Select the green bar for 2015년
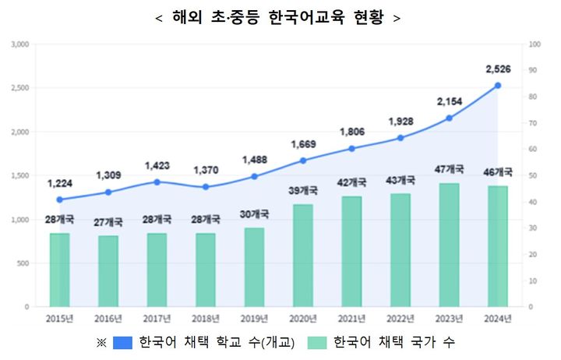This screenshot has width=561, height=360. [x=60, y=270]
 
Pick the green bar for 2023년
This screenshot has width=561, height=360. [x=450, y=245]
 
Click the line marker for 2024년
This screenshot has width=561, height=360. [x=498, y=86]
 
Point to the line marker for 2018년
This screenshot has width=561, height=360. [x=206, y=187]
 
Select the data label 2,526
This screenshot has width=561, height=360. [x=498, y=69]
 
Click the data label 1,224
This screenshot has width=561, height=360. [x=60, y=184]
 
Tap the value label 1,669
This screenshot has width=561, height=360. [x=303, y=144]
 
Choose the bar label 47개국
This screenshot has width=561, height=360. [x=450, y=169]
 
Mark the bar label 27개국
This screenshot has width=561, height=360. [x=108, y=221]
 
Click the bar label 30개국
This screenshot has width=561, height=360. [x=255, y=214]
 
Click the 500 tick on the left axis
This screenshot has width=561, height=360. [x=23, y=263]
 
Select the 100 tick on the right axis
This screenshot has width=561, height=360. [x=534, y=44]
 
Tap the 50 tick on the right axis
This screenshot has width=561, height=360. [x=532, y=176]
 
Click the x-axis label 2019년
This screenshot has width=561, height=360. [x=255, y=318]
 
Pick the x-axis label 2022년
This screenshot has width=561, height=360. [x=400, y=318]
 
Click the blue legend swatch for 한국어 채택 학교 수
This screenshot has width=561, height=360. [x=123, y=342]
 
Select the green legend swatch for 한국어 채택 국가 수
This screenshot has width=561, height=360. [x=317, y=342]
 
